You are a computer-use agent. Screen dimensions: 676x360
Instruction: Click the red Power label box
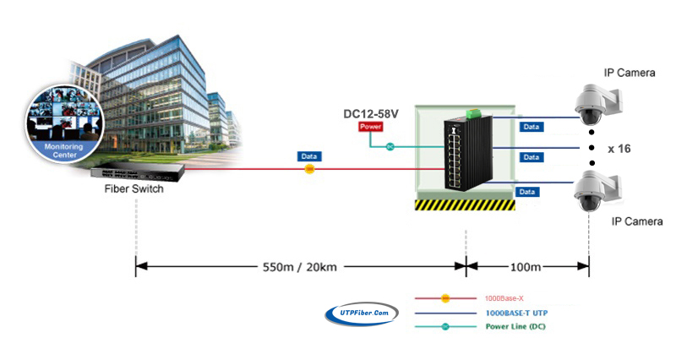(x=370, y=126)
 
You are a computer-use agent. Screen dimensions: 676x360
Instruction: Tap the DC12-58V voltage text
(x=371, y=114)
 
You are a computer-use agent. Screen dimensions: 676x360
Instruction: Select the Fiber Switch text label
(x=134, y=188)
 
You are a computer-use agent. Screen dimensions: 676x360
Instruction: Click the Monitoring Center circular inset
(x=64, y=124)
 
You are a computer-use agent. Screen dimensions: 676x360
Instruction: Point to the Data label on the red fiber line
(x=309, y=156)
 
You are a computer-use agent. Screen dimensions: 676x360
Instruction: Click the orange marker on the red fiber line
(x=309, y=169)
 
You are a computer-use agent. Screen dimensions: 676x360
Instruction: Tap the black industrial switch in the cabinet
(x=469, y=153)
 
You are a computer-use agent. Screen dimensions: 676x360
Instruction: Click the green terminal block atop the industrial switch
(x=473, y=113)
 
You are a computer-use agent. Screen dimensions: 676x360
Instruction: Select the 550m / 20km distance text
(x=300, y=267)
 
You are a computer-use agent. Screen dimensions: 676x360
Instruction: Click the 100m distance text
(x=526, y=267)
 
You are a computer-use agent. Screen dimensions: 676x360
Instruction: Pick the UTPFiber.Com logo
(x=362, y=314)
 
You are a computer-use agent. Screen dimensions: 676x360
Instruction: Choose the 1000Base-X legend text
(x=504, y=298)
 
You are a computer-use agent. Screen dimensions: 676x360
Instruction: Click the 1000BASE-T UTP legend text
(x=516, y=313)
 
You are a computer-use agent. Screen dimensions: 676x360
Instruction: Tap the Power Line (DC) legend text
(x=515, y=326)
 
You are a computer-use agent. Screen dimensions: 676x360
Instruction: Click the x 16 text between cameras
(x=619, y=149)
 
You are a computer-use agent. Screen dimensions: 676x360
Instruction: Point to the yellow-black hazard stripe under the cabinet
(x=466, y=205)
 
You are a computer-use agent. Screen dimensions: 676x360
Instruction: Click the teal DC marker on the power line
(x=390, y=147)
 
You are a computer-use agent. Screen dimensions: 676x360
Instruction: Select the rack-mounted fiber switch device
(x=138, y=173)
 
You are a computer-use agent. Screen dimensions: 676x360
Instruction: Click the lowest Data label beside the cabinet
(x=527, y=192)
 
